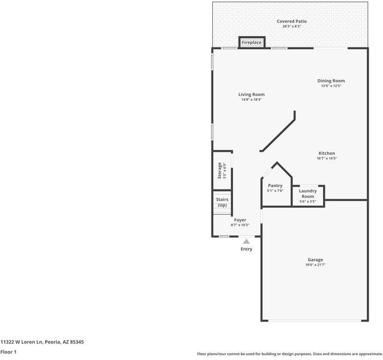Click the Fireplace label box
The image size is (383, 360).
point(252,43)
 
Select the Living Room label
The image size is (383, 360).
point(251,94)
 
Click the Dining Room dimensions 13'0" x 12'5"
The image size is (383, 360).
point(331,86)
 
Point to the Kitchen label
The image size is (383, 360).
point(327,153)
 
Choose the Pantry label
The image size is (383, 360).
point(275,185)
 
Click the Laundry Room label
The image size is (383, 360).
point(307,194)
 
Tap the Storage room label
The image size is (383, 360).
point(220,170)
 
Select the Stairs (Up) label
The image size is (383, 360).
point(222,202)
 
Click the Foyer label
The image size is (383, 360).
point(240,220)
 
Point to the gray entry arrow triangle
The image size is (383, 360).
point(246,241)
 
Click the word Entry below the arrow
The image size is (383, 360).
point(246,249)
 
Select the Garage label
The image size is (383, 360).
point(315,260)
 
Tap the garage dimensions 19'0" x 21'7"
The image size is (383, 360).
point(315,265)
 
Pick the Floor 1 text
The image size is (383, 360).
point(8,352)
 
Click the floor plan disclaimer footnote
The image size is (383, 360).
point(289,354)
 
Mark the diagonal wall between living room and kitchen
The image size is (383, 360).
point(278,131)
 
